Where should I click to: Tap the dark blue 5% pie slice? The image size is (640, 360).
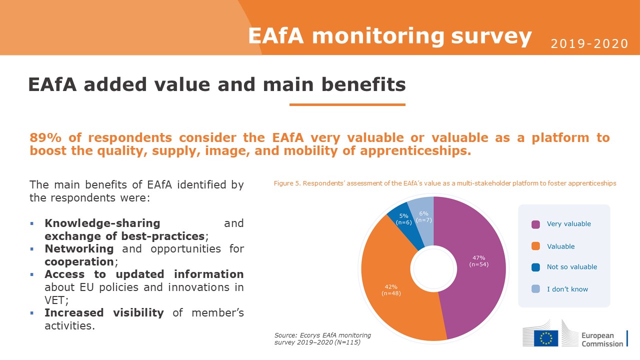coord(404,225)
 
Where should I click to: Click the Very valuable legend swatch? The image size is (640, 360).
coord(535,224)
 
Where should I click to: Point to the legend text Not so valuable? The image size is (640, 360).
coord(571,267)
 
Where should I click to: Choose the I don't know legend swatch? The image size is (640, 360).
coord(535,289)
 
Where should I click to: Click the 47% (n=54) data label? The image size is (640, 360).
coord(479,261)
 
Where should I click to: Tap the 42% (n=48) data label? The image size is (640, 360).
coord(391,290)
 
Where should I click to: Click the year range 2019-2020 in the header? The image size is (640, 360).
coord(589,43)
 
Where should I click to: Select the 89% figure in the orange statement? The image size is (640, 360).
coord(45,137)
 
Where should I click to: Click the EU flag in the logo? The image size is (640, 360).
coord(546,338)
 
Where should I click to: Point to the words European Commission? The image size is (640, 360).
coord(602,339)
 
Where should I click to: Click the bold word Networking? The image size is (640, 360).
coord(79,249)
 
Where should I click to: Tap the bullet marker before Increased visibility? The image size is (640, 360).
coord(31,313)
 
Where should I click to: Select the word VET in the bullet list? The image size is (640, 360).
coord(55,300)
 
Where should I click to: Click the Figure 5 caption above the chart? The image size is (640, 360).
coord(445,183)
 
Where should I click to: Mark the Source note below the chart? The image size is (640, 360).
coord(322,338)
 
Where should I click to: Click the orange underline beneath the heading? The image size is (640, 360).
coord(347,104)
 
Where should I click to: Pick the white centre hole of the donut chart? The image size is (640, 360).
coord(433,269)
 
